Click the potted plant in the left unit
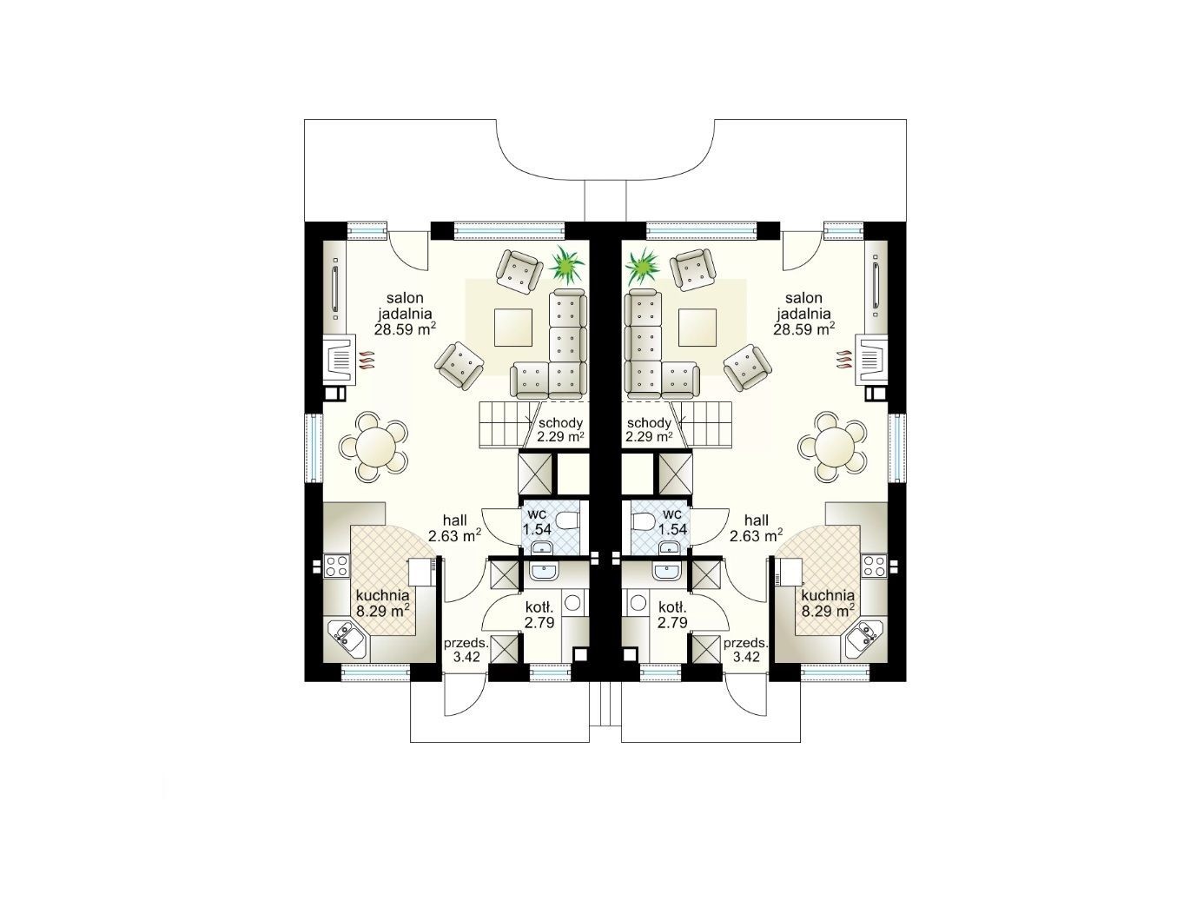pyautogui.click(x=566, y=266)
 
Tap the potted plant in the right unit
pyautogui.click(x=643, y=267)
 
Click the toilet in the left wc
pyautogui.click(x=566, y=520)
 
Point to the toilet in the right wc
pyautogui.click(x=644, y=520)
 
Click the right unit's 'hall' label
pyautogui.click(x=757, y=520)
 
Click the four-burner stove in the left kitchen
pyautogui.click(x=336, y=565)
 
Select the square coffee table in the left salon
pyautogui.click(x=512, y=327)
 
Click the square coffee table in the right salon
pyautogui.click(x=697, y=327)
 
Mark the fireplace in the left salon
pyautogui.click(x=340, y=360)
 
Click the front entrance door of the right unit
pyautogui.click(x=746, y=699)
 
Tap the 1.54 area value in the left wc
pyautogui.click(x=537, y=529)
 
